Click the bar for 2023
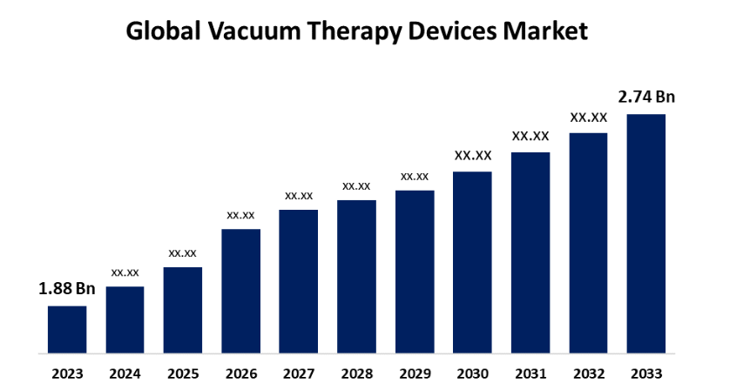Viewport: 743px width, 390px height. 67,330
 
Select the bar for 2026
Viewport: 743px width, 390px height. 240,292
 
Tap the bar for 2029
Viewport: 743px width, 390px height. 415,272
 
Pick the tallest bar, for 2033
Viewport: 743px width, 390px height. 646,234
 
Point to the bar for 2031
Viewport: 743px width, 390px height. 530,253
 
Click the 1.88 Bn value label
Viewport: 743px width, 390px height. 66,289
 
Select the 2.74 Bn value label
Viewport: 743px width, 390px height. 646,97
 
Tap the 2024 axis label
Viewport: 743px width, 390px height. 125,374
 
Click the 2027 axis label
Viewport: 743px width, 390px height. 299,374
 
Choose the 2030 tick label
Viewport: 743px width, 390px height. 472,374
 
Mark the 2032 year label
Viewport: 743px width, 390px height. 588,374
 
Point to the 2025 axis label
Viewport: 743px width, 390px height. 183,374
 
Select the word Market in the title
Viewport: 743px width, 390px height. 545,32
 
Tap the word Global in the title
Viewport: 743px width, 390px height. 158,32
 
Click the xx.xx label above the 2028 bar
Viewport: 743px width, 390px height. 356,186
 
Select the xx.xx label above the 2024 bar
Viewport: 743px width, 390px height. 125,272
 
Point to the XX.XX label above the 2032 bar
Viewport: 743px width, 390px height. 588,118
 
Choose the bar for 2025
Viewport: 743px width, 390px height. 183,311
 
